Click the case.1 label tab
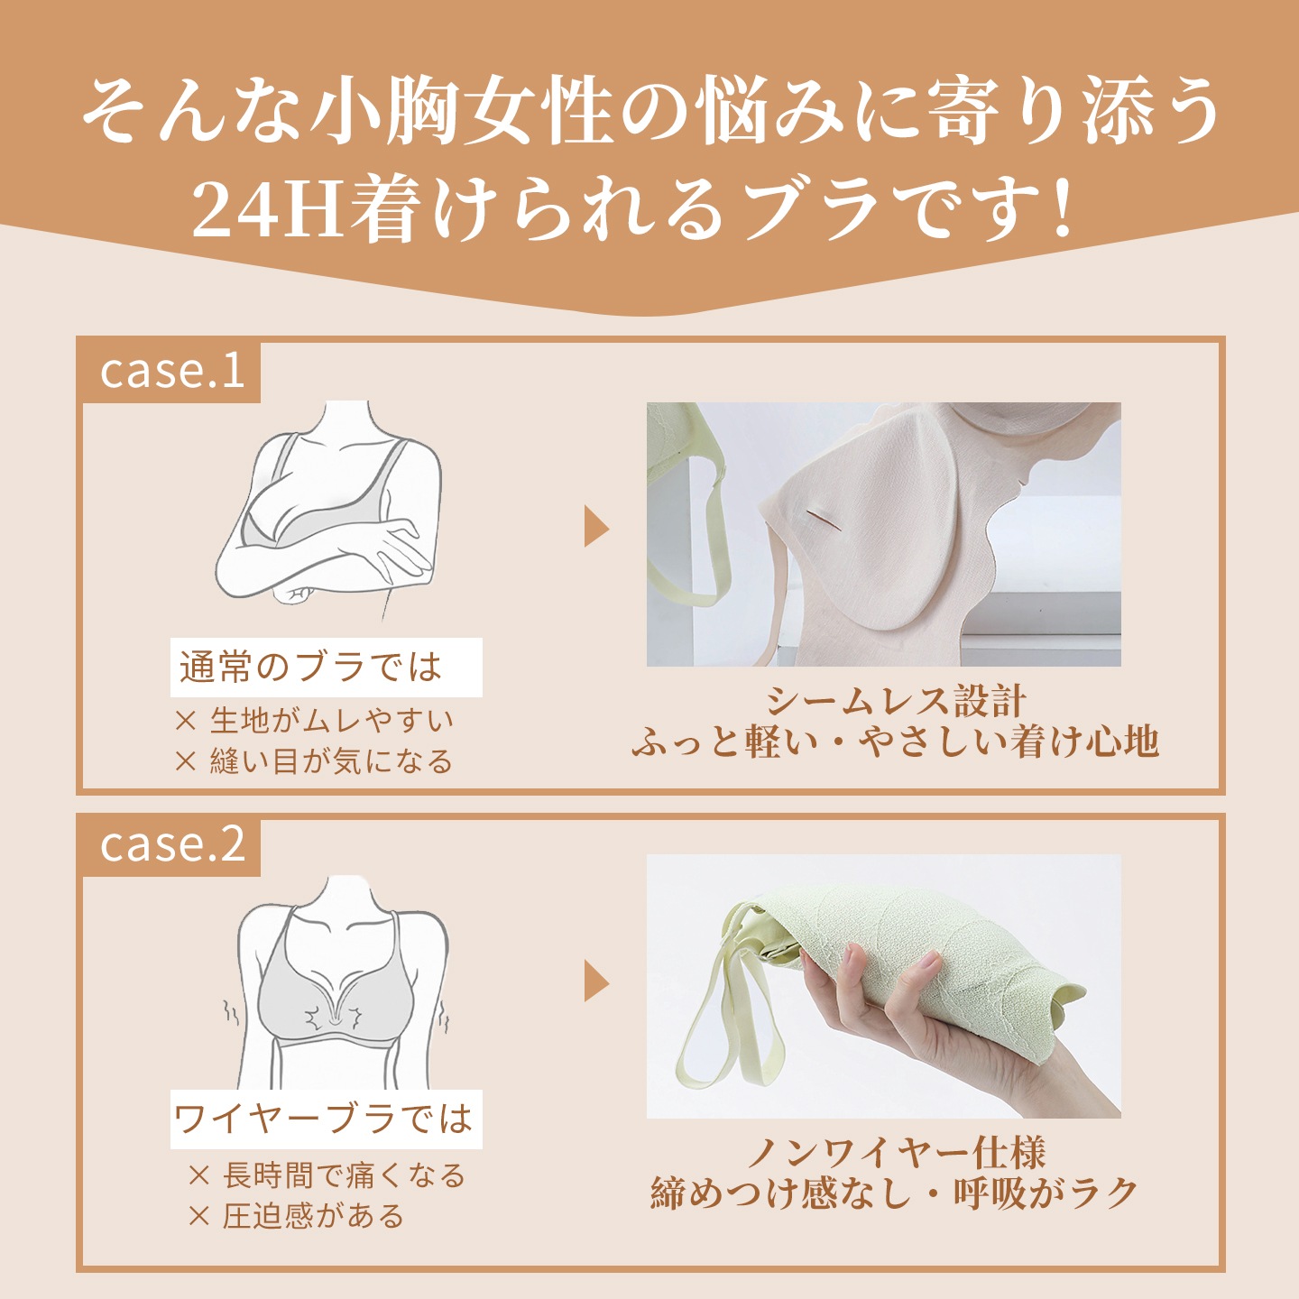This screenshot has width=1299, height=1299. pos(171,372)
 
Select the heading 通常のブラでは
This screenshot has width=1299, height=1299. pos(310,668)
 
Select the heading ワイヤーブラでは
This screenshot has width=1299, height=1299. pos(324,1119)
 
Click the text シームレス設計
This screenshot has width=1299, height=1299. pos(897,701)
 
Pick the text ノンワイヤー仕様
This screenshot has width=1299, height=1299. pos(897,1152)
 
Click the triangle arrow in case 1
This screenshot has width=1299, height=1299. pos(596,528)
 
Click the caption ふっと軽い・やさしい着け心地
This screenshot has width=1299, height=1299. pos(895,742)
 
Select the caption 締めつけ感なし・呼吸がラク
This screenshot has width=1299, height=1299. pos(895,1193)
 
